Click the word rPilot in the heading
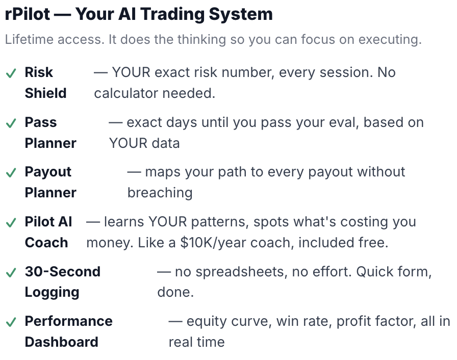pyautogui.click(x=28, y=14)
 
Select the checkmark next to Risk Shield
pyautogui.click(x=11, y=73)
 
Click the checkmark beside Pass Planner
pyautogui.click(x=11, y=123)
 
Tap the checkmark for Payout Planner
pyautogui.click(x=11, y=173)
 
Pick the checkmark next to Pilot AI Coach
pyautogui.click(x=11, y=223)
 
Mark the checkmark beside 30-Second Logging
pyautogui.click(x=11, y=273)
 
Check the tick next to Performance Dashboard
pyautogui.click(x=11, y=322)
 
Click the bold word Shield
pyautogui.click(x=46, y=93)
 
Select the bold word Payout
pyautogui.click(x=48, y=172)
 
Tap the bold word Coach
pyautogui.click(x=46, y=243)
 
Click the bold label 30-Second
pyautogui.click(x=63, y=272)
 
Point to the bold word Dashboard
pyautogui.click(x=62, y=342)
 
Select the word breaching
pyautogui.click(x=160, y=193)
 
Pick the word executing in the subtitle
pyautogui.click(x=390, y=40)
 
